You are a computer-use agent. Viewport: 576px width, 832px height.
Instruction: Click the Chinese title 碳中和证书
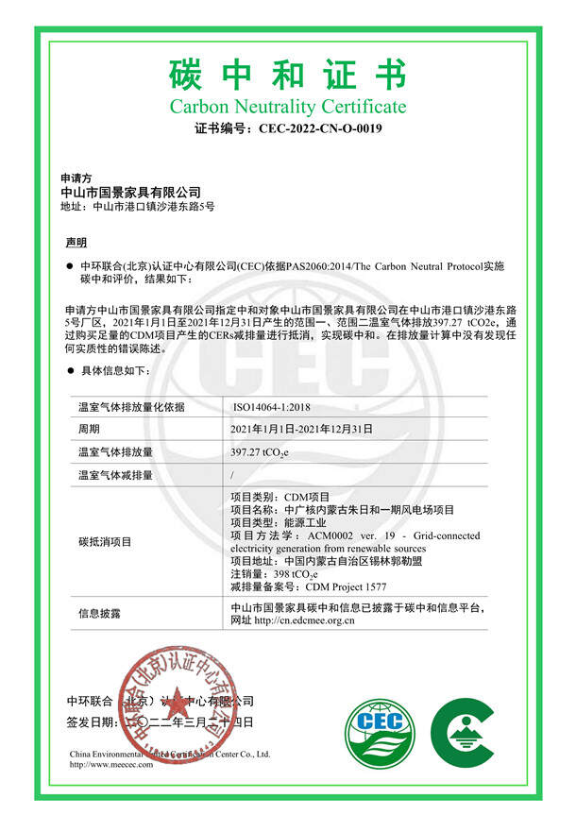coord(288,73)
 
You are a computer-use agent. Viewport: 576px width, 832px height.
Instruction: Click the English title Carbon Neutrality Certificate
coord(288,106)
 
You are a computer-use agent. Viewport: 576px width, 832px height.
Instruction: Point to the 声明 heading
coord(75,243)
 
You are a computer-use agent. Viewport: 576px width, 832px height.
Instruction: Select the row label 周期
coord(89,429)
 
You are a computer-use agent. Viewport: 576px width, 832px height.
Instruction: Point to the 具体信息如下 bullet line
coord(110,372)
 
